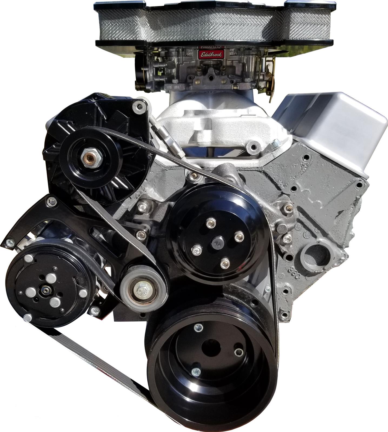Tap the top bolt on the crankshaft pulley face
198,328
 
